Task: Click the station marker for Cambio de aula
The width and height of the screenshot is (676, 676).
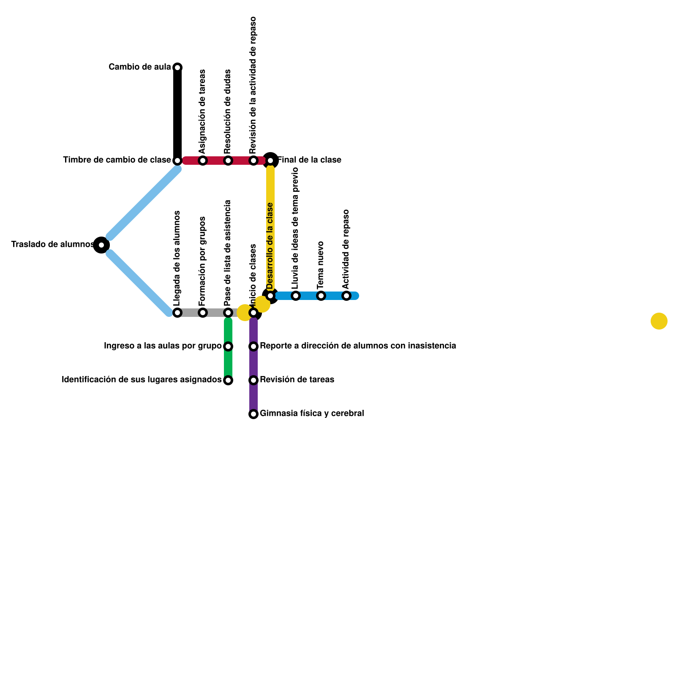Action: (177, 68)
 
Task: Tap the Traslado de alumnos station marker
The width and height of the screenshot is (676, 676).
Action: (101, 245)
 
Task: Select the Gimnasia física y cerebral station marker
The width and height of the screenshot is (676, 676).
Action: (253, 414)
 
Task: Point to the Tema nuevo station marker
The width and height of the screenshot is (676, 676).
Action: (321, 296)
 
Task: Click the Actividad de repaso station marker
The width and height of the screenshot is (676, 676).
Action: (346, 296)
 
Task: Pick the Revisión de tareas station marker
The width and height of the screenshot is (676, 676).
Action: (253, 380)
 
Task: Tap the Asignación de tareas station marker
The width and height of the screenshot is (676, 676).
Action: (203, 161)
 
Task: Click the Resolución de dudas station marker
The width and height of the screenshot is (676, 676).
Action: (228, 161)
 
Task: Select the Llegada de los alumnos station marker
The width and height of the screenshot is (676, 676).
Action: (177, 313)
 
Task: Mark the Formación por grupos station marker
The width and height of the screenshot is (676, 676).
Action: (203, 313)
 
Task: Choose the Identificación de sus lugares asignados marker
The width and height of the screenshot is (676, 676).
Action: (228, 380)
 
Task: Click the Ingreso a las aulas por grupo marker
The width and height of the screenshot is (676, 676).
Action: (228, 346)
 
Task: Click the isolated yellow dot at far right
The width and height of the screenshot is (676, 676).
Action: (659, 321)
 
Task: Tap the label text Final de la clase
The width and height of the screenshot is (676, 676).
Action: (309, 160)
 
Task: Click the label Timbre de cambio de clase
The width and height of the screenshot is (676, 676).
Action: (117, 160)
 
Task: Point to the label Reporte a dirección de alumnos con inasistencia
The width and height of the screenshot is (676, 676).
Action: (358, 346)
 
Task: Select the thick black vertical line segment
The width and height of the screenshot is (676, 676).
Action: (177, 114)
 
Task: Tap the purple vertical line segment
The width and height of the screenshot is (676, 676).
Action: (253, 363)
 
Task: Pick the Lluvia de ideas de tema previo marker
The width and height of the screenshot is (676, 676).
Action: (296, 296)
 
